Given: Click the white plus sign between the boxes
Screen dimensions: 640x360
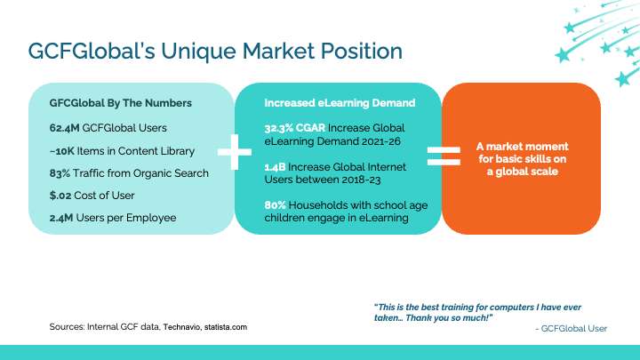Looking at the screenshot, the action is pyautogui.click(x=235, y=152).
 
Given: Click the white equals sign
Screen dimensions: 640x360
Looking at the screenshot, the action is pyautogui.click(x=444, y=156).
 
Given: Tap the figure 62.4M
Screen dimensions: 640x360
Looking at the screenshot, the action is pyautogui.click(x=64, y=128).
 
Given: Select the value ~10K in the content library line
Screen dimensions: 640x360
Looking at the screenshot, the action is pyautogui.click(x=62, y=151).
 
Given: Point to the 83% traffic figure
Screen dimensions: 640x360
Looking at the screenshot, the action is pyautogui.click(x=60, y=173).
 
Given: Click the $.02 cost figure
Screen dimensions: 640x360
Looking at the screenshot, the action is pyautogui.click(x=60, y=196).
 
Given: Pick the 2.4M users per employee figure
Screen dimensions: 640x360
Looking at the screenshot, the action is pyautogui.click(x=61, y=218).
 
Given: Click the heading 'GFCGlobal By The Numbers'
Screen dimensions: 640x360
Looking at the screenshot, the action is pyautogui.click(x=120, y=103).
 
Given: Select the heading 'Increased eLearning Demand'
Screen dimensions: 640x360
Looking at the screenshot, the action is pyautogui.click(x=340, y=103).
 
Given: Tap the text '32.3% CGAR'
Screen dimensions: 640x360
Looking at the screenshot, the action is pyautogui.click(x=295, y=128).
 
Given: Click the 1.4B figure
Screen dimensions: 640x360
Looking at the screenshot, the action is pyautogui.click(x=275, y=167).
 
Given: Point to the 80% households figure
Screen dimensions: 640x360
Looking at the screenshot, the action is pyautogui.click(x=275, y=205).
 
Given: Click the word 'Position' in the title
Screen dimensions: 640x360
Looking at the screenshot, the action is pyautogui.click(x=361, y=51).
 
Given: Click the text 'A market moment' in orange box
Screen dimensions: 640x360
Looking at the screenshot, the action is pyautogui.click(x=522, y=147).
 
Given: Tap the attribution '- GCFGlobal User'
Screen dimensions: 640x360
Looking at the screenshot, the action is pyautogui.click(x=571, y=329).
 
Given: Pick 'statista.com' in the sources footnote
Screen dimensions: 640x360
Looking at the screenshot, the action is pyautogui.click(x=226, y=327).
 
